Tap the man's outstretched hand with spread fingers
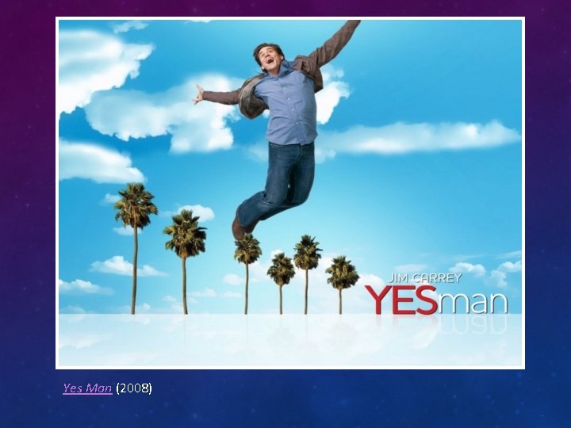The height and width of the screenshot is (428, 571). pos(198,94)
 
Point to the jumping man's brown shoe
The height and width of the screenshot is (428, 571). pos(239,229)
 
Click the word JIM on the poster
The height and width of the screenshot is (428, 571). pos(399,278)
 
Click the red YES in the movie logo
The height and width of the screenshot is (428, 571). pos(401,300)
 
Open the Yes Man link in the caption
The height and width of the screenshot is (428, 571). pos(87,388)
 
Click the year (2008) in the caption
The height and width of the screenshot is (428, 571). pos(134,388)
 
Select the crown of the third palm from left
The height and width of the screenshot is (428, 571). pos(247,249)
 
